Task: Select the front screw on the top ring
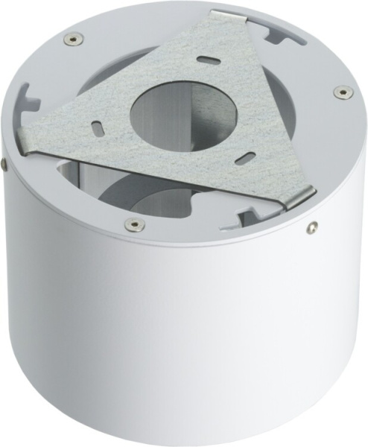point(133,223)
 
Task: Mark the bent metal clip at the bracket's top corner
point(230,17)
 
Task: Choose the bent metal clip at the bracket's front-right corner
point(298,197)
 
